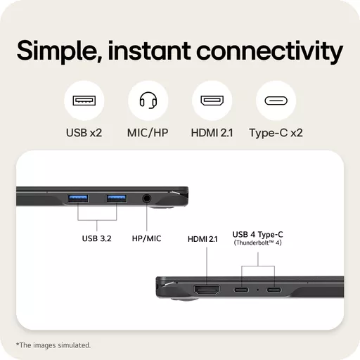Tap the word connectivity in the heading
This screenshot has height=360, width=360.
click(269, 52)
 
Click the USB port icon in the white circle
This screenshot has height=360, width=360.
click(84, 101)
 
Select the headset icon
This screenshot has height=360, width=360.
click(148, 100)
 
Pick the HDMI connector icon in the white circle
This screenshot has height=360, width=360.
click(212, 101)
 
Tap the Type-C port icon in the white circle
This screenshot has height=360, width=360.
click(276, 101)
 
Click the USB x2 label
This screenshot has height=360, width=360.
click(84, 133)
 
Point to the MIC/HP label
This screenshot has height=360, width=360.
click(148, 133)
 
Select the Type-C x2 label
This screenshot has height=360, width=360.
click(276, 133)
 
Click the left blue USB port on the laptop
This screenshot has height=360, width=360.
click(78, 198)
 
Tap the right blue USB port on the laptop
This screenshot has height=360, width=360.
click(117, 198)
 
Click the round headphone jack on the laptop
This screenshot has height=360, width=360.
click(147, 198)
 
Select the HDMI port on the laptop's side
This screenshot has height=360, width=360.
click(207, 290)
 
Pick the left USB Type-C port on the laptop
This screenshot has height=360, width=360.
click(241, 290)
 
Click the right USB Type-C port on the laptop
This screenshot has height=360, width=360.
click(274, 290)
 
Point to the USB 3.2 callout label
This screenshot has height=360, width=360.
click(97, 238)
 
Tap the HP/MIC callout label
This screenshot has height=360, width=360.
click(147, 238)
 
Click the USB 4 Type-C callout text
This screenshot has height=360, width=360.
click(258, 234)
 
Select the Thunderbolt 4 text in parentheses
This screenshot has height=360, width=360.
click(258, 243)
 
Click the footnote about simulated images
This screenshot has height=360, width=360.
click(53, 345)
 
